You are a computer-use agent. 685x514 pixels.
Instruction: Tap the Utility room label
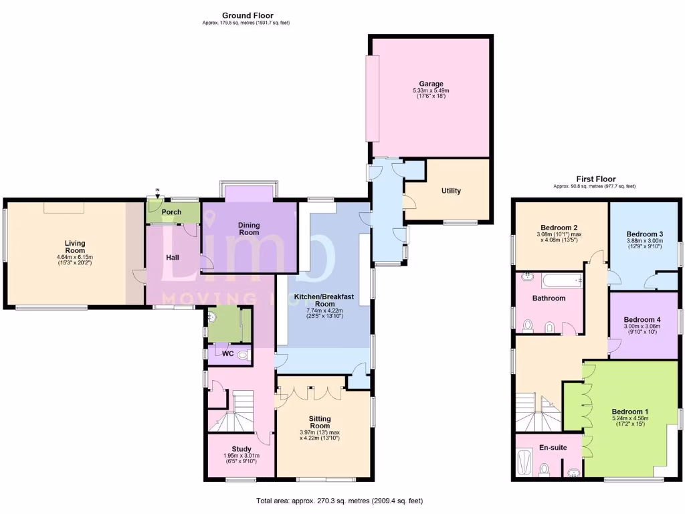tap(451, 191)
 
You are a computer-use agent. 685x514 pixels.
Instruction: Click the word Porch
tap(172, 212)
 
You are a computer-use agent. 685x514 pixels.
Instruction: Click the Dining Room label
tap(249, 229)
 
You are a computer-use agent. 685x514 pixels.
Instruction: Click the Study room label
tap(241, 449)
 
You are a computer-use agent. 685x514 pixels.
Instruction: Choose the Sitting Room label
tap(320, 421)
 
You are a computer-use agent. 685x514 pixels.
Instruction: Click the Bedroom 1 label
tap(629, 412)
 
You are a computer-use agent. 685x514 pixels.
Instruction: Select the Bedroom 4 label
tap(642, 320)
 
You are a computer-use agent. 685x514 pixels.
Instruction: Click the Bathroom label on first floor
tap(549, 298)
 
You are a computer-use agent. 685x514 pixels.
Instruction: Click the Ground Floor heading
tap(248, 15)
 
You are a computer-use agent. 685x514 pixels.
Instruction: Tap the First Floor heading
tap(595, 179)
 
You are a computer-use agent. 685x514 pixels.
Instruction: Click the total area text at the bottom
tap(339, 501)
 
